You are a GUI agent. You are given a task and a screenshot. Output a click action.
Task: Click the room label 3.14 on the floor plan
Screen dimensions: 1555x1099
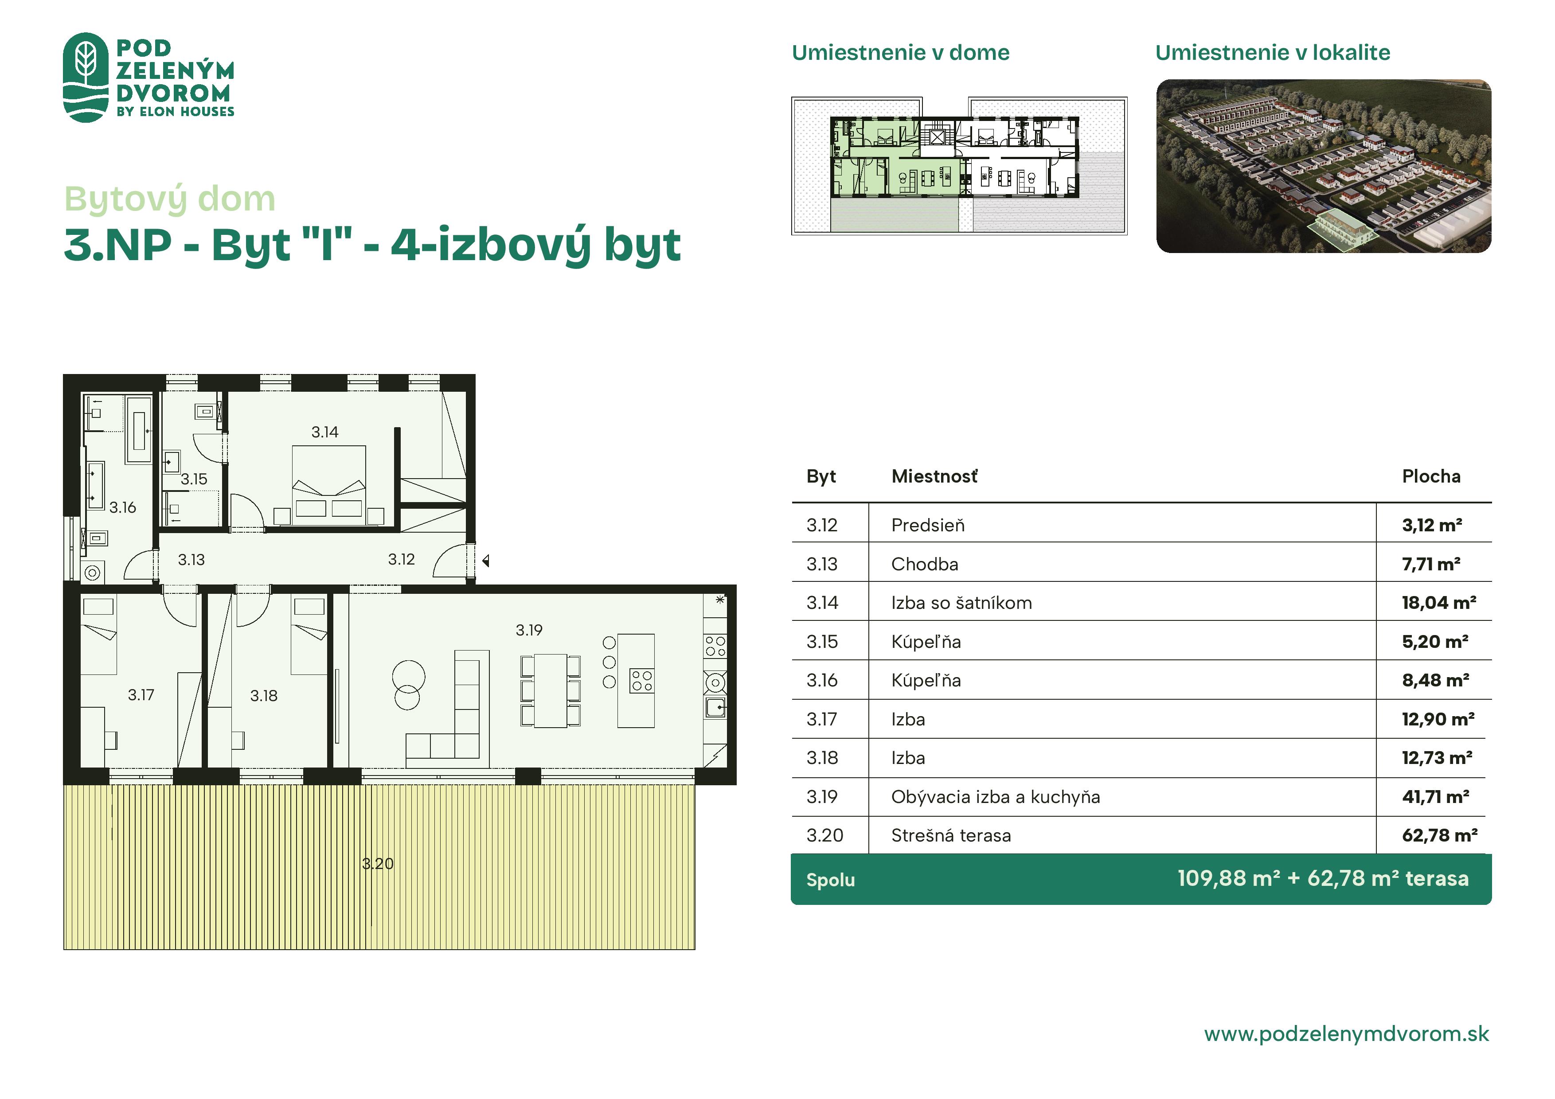tap(324, 432)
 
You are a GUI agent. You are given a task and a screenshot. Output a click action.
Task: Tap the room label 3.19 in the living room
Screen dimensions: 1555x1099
tap(529, 631)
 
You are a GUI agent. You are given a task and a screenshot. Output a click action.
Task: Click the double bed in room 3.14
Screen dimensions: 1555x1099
tap(328, 485)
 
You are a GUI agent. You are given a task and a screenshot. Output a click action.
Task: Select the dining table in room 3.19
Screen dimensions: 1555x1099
tap(551, 691)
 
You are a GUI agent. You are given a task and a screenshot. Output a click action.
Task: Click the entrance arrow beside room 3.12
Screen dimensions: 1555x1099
tap(485, 561)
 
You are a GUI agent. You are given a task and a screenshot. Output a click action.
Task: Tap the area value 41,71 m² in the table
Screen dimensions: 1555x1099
tap(1435, 796)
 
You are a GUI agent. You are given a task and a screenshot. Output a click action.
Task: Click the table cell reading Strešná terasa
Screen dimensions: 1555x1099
tap(951, 836)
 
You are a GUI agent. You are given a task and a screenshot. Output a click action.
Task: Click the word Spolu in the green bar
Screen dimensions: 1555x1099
tap(830, 880)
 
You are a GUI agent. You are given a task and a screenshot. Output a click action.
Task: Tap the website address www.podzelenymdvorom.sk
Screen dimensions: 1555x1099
tap(1346, 1034)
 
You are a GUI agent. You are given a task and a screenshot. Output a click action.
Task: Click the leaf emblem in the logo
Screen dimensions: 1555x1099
tap(86, 77)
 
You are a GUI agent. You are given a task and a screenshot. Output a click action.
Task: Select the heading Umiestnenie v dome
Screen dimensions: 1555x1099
tap(900, 52)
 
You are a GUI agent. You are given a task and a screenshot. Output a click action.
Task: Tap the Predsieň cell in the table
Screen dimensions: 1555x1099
tap(928, 526)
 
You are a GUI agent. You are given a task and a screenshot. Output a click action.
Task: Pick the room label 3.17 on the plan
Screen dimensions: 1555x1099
tap(141, 695)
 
